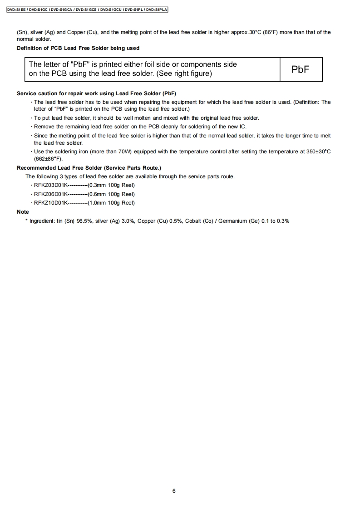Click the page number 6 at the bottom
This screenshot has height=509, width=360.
pos(174,490)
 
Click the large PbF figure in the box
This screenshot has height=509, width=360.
pos(301,69)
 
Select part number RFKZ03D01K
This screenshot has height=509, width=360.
pos(51,185)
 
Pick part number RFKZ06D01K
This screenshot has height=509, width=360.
pos(51,194)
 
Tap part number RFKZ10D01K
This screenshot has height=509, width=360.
pos(51,203)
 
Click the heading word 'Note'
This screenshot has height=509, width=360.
pos(23,212)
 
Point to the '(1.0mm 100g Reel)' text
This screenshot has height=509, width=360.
pos(111,203)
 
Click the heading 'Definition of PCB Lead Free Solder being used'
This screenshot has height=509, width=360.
pos(78,48)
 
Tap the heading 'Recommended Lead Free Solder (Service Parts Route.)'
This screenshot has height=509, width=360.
pos(89,168)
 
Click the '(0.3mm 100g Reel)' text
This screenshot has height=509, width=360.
pos(111,185)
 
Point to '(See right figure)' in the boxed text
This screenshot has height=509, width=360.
pos(184,73)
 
